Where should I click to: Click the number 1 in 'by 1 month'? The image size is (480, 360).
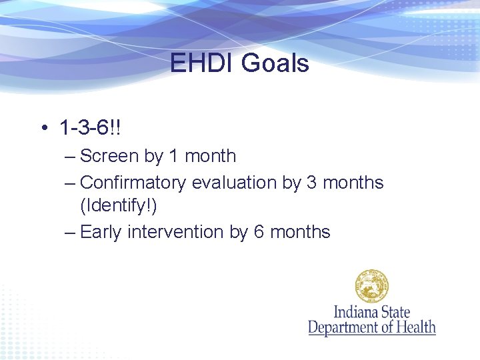click(173, 156)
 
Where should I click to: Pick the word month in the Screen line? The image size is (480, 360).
click(210, 156)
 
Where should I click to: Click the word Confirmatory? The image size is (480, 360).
click(133, 182)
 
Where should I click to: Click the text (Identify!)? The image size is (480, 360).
click(119, 207)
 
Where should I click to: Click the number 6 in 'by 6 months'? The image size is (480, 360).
click(259, 232)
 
